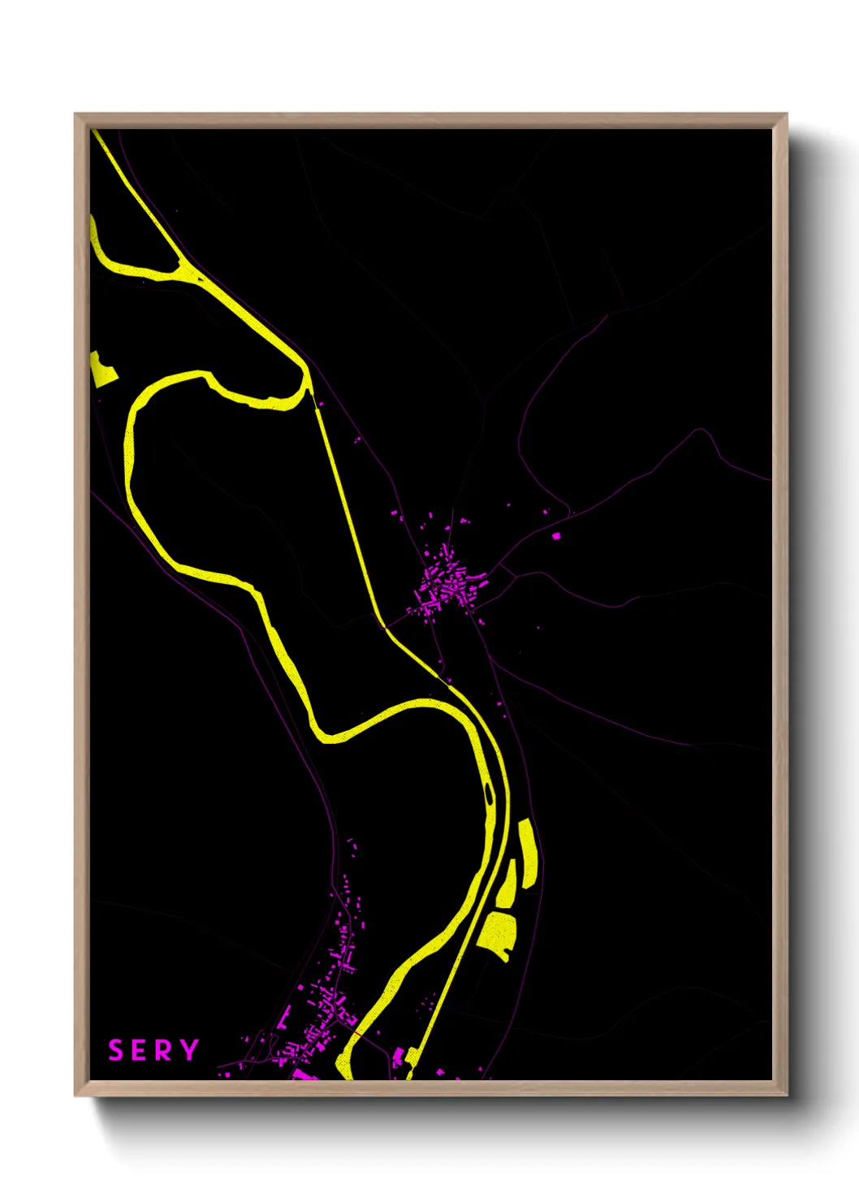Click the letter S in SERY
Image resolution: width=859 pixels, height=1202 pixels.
tap(116, 1050)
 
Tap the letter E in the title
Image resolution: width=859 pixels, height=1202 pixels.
tap(140, 1050)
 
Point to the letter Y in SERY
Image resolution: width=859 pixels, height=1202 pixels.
tap(189, 1050)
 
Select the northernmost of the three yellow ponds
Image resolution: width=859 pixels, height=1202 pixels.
tap(527, 853)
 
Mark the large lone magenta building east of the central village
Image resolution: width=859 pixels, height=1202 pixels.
tap(556, 536)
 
